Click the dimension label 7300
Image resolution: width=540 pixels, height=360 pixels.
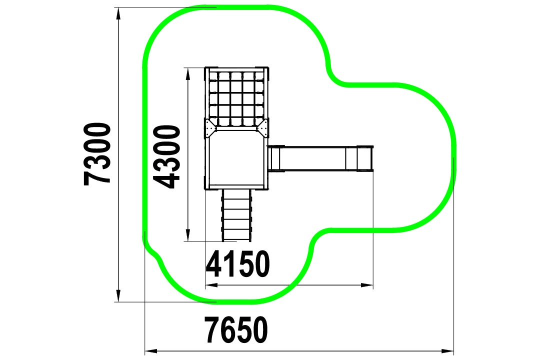97,154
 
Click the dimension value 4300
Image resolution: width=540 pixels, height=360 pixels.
166,156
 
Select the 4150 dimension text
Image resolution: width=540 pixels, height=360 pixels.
237,264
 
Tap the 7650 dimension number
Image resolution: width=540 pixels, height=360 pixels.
236,329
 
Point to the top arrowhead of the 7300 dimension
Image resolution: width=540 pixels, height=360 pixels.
118,14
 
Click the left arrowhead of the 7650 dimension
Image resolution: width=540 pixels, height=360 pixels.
151,351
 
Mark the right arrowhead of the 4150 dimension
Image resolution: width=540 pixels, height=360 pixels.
367,285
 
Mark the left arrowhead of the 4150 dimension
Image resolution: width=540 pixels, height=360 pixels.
211,285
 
